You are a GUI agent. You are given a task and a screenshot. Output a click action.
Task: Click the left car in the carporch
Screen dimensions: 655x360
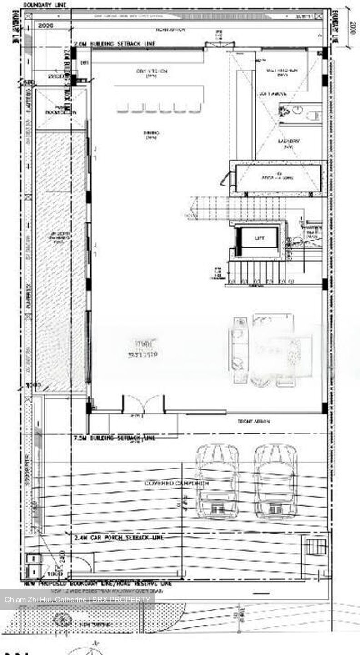(217, 481)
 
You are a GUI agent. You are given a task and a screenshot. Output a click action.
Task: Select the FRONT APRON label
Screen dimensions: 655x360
(254, 422)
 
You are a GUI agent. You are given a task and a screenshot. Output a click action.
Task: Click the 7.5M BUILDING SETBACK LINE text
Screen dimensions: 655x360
(114, 438)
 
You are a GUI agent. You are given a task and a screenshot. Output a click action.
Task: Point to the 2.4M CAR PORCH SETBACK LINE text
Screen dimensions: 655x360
(119, 538)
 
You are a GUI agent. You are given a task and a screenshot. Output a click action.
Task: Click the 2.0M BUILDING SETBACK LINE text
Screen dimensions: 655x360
(115, 44)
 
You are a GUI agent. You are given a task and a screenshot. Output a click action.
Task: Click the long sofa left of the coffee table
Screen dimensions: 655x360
(239, 350)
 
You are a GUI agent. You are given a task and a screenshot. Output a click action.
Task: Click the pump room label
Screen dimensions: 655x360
(60, 110)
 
